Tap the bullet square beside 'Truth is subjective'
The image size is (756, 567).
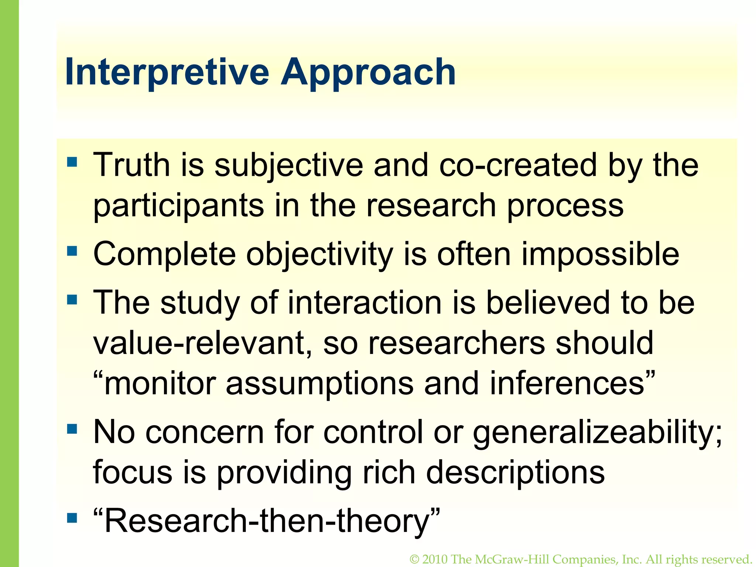coord(72,162)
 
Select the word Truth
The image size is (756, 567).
coord(131,165)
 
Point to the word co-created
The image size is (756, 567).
coord(518,165)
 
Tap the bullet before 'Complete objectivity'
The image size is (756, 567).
coord(72,251)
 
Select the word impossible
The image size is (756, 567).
coord(600,255)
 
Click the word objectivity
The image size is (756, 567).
coord(320,255)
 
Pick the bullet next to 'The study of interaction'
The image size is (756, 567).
coord(72,299)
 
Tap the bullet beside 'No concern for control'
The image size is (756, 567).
coord(72,429)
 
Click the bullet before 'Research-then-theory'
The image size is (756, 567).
coord(72,518)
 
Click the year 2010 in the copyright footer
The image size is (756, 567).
coord(435,559)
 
